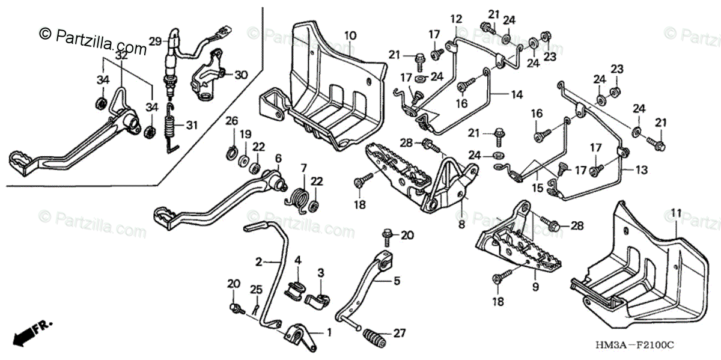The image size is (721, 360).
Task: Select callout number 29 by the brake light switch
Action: pyautogui.click(x=155, y=41)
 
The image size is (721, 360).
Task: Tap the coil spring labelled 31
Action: pyautogui.click(x=170, y=127)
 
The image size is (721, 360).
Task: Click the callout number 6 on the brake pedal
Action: pyautogui.click(x=278, y=158)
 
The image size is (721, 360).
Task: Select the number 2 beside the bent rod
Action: pyautogui.click(x=259, y=262)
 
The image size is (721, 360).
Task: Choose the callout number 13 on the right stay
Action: pyautogui.click(x=642, y=171)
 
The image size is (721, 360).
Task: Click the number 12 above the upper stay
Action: pyautogui.click(x=455, y=19)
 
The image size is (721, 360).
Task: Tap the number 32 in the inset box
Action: pyautogui.click(x=122, y=54)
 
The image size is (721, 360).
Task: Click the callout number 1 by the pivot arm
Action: pyautogui.click(x=328, y=331)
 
